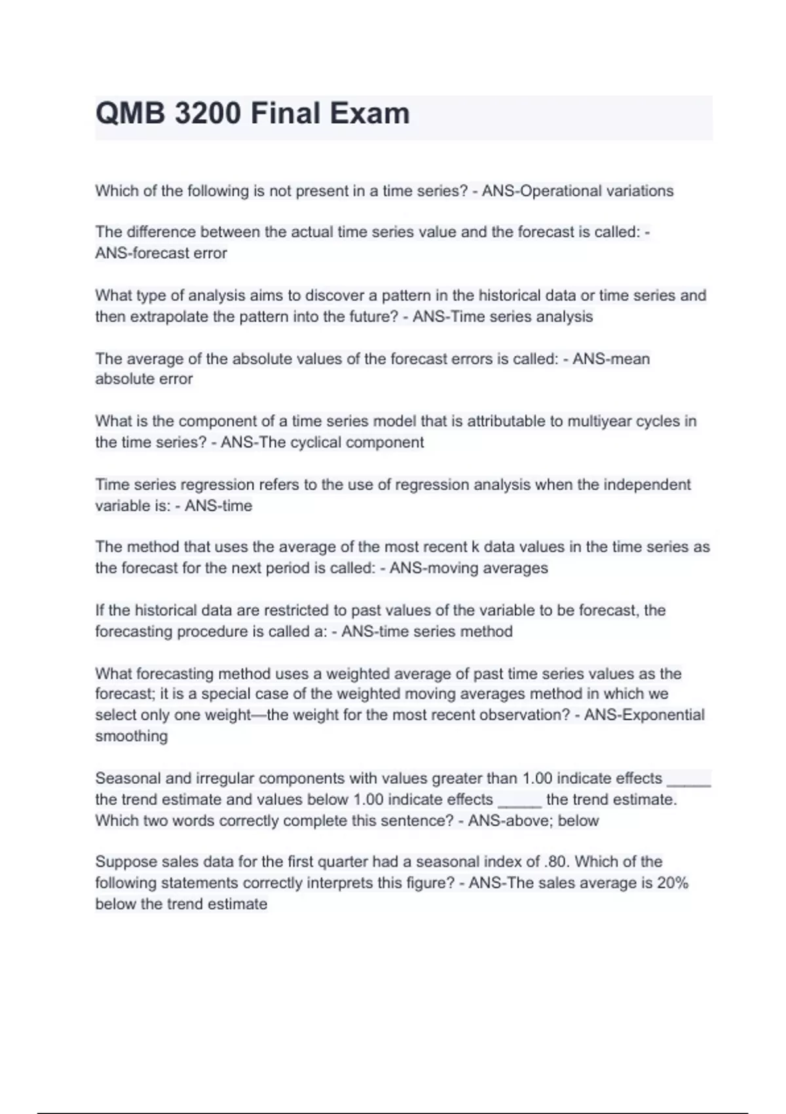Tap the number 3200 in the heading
(x=208, y=114)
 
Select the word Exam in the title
(x=369, y=114)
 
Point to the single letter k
(x=475, y=547)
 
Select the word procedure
(x=203, y=632)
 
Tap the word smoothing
(x=132, y=736)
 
